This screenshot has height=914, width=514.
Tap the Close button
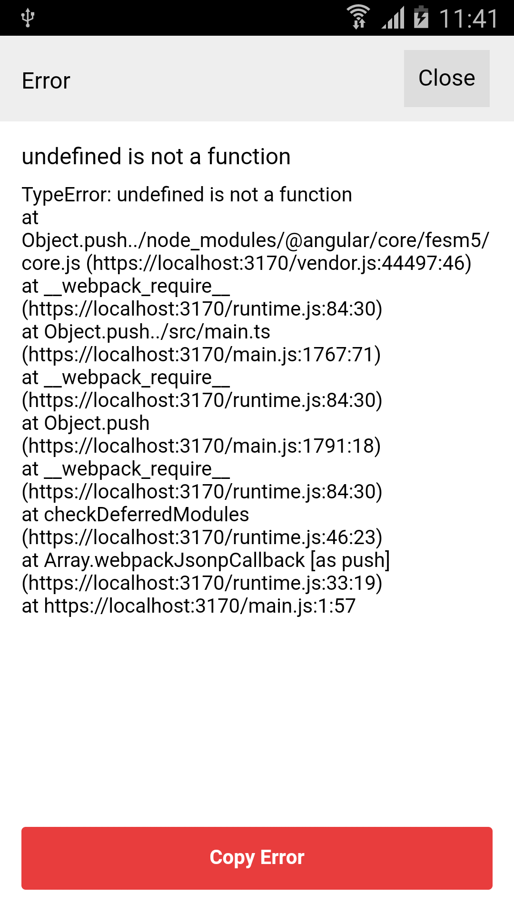pyautogui.click(x=446, y=79)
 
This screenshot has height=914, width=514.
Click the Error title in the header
pyautogui.click(x=46, y=81)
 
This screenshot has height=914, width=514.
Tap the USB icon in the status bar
pyautogui.click(x=28, y=18)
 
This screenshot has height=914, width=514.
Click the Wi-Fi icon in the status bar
pyautogui.click(x=358, y=17)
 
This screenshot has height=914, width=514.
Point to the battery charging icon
pyautogui.click(x=421, y=17)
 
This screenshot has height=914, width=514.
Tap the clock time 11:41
pyautogui.click(x=468, y=19)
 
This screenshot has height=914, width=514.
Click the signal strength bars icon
pyautogui.click(x=393, y=18)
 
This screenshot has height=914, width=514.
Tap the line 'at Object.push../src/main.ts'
pyautogui.click(x=146, y=332)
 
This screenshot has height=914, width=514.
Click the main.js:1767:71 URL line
pyautogui.click(x=201, y=355)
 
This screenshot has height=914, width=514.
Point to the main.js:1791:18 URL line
pyautogui.click(x=201, y=446)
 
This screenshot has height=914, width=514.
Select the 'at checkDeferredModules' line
pyautogui.click(x=136, y=515)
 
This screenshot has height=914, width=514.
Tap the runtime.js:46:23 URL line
pyautogui.click(x=202, y=537)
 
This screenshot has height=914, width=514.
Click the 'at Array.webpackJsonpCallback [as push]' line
pyautogui.click(x=206, y=560)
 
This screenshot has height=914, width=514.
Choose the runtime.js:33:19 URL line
pyautogui.click(x=202, y=583)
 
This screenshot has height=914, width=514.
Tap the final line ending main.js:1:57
pyautogui.click(x=189, y=606)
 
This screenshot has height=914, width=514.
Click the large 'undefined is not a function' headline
pyautogui.click(x=156, y=157)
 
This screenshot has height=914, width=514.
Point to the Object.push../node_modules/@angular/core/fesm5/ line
pyautogui.click(x=256, y=240)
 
